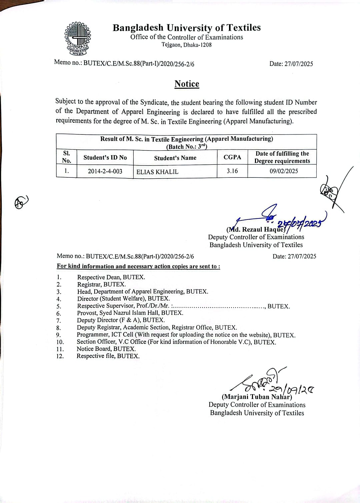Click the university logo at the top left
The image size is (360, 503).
click(x=78, y=39)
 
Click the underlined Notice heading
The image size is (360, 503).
click(x=187, y=84)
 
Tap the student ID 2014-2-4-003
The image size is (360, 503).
click(x=105, y=171)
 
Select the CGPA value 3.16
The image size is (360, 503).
click(x=232, y=171)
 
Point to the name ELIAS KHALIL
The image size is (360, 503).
click(x=157, y=172)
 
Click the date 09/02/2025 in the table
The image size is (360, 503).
click(x=284, y=171)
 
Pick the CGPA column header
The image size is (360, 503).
click(x=232, y=157)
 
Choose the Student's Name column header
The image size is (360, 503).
click(x=175, y=158)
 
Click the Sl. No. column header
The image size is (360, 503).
click(x=67, y=157)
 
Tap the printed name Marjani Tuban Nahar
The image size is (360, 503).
click(x=257, y=397)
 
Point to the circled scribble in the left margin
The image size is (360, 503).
click(x=21, y=202)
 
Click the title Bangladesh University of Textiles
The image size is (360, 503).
click(x=187, y=28)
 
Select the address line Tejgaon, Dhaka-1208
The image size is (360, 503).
click(x=187, y=45)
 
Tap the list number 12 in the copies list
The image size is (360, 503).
click(x=60, y=356)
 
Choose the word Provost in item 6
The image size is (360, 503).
click(x=87, y=313)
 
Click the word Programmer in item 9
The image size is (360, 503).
click(x=93, y=335)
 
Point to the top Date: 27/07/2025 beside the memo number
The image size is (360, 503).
click(x=291, y=64)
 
